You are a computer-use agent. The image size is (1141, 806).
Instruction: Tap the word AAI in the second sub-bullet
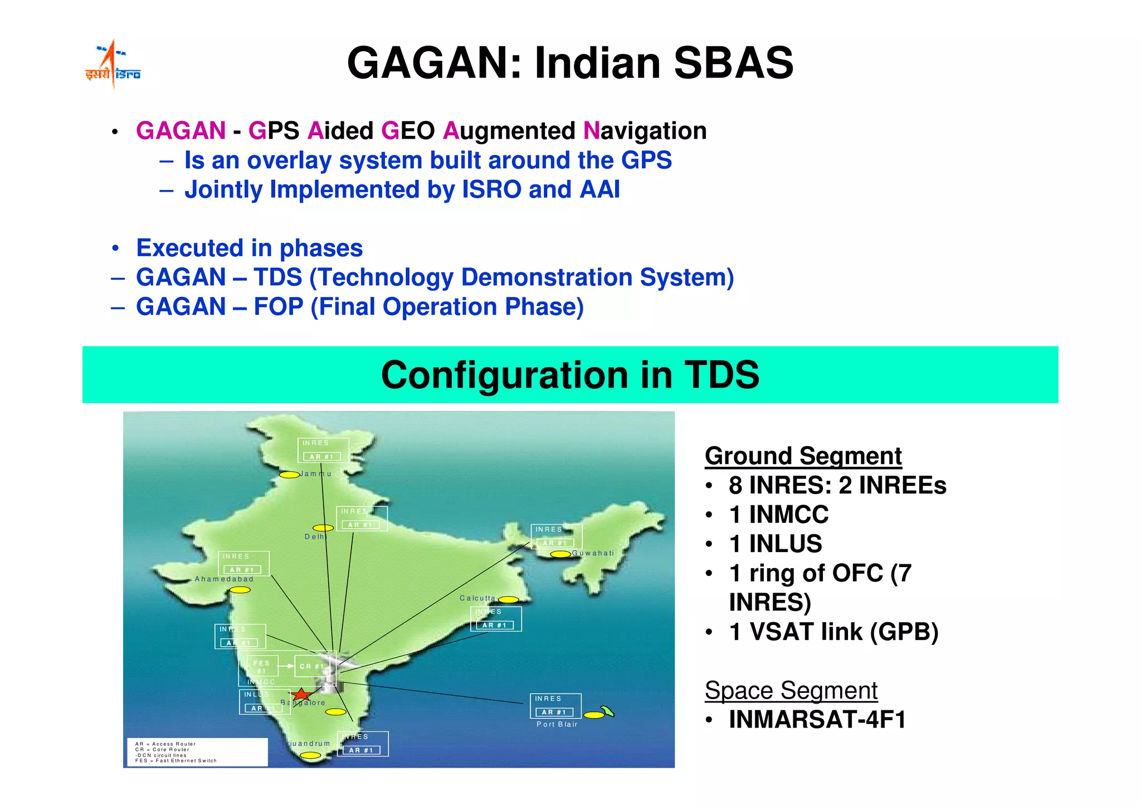click(x=599, y=189)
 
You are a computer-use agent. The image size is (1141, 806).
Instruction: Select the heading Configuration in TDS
click(x=570, y=374)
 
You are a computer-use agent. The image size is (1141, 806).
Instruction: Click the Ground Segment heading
click(x=803, y=456)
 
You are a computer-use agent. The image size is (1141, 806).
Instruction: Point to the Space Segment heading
click(x=791, y=691)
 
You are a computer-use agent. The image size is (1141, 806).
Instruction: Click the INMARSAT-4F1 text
click(x=817, y=720)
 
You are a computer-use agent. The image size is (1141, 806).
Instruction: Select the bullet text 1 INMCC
click(x=778, y=514)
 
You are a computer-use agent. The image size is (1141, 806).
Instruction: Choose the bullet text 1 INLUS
click(x=775, y=544)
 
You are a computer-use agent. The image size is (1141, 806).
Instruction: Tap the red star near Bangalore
click(x=301, y=694)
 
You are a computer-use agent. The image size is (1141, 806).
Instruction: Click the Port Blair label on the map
click(x=557, y=724)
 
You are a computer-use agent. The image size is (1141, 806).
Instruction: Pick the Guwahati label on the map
click(x=593, y=553)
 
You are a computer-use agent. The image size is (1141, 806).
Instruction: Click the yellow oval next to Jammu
click(x=289, y=475)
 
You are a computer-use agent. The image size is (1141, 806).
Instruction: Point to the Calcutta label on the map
click(x=477, y=598)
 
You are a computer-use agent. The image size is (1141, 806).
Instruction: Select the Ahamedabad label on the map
click(x=224, y=579)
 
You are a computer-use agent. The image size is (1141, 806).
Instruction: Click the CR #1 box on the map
click(x=311, y=666)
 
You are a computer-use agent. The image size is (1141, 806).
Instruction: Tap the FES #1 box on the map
click(x=262, y=667)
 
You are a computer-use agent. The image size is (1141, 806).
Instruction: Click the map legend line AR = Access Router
click(x=165, y=744)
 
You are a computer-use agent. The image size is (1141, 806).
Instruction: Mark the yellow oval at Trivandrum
click(x=310, y=756)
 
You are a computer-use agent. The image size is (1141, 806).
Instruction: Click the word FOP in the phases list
click(x=278, y=307)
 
